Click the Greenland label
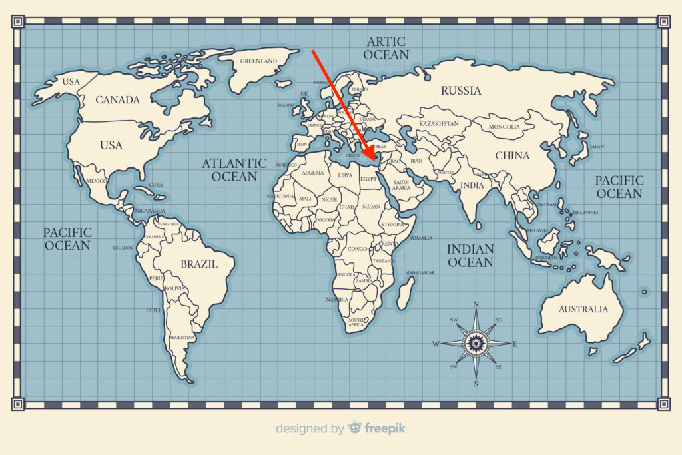259,61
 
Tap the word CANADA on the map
118,100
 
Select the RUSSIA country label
461,91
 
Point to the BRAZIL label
199,264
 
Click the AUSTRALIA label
583,309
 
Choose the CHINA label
512,155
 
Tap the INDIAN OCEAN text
470,256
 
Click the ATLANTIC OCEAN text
234,170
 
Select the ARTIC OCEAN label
386,48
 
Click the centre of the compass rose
476,344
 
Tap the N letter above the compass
476,304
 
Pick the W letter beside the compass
436,344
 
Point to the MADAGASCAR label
420,273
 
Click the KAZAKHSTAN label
439,124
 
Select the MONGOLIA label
504,127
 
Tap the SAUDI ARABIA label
401,185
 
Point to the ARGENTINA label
182,338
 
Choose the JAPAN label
597,146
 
